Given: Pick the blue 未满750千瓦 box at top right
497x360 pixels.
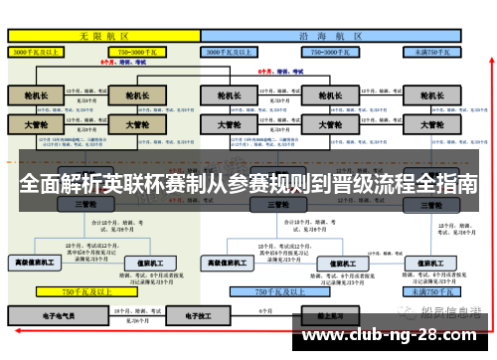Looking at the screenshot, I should tap(430, 50).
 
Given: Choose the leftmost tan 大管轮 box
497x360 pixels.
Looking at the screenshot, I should tap(37, 125).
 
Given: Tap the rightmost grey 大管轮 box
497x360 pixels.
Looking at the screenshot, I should tap(430, 125).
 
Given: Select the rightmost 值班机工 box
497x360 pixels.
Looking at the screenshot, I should tap(430, 263).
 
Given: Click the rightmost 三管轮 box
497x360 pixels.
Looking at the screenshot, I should tap(430, 204).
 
